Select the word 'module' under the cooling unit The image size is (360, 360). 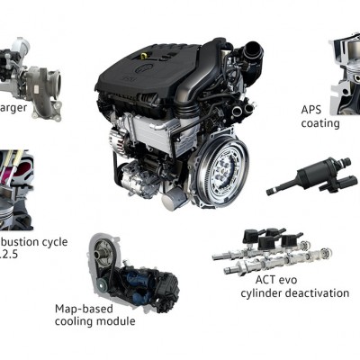coord(118,321)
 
